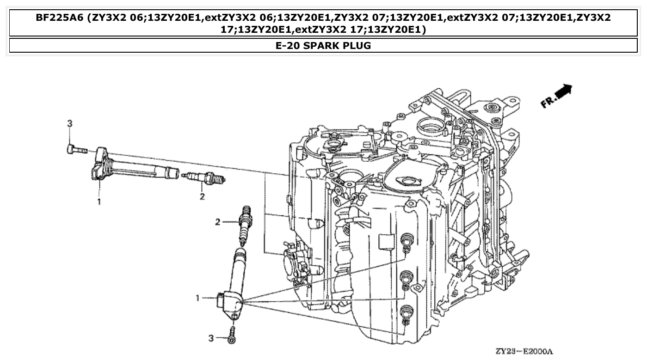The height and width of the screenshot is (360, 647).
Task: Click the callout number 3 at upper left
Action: [69, 123]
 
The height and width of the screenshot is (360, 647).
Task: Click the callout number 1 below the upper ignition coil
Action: [99, 201]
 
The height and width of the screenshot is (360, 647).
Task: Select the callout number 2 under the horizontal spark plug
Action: [202, 197]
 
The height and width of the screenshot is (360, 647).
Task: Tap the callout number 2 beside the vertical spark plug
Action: [218, 222]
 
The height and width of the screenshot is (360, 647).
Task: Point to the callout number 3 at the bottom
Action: [211, 339]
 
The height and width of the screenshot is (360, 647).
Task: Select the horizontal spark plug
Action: [203, 177]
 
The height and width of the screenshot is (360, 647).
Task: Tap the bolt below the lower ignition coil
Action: [232, 335]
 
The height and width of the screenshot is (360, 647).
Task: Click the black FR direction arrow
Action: [563, 91]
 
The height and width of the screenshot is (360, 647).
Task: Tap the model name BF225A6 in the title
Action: [60, 18]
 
